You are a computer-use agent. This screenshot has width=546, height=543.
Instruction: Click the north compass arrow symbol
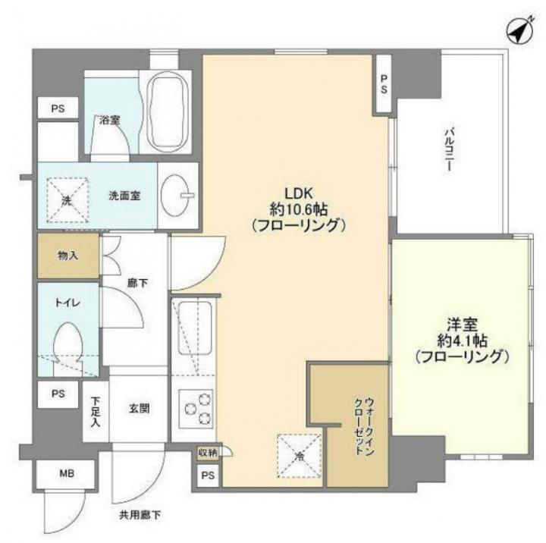click(x=519, y=30)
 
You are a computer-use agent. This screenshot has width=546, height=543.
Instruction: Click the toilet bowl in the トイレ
click(x=68, y=347)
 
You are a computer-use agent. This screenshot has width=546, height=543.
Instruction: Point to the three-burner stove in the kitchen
click(x=196, y=409)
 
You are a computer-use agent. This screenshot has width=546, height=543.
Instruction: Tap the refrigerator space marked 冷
click(x=299, y=456)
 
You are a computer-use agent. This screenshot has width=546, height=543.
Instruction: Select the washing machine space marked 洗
click(x=67, y=200)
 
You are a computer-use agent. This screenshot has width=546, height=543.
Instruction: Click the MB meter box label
click(x=67, y=474)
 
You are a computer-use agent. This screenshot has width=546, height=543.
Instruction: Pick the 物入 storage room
click(x=68, y=256)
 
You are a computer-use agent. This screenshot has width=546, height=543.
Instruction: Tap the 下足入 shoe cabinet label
click(x=96, y=412)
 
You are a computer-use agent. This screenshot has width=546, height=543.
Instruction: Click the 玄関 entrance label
click(x=140, y=408)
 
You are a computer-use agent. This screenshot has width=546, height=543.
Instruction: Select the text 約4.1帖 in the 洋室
click(x=462, y=341)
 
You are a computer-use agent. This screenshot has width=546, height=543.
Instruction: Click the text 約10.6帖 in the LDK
click(x=299, y=209)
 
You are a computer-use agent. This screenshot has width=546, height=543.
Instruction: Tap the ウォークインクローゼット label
click(x=364, y=426)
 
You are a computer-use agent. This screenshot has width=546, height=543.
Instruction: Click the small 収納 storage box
click(x=208, y=453)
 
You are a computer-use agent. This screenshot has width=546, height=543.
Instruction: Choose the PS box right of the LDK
click(x=384, y=84)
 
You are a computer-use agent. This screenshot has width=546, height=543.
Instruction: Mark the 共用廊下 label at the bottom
click(x=140, y=515)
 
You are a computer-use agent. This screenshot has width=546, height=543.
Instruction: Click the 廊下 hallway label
click(x=137, y=283)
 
